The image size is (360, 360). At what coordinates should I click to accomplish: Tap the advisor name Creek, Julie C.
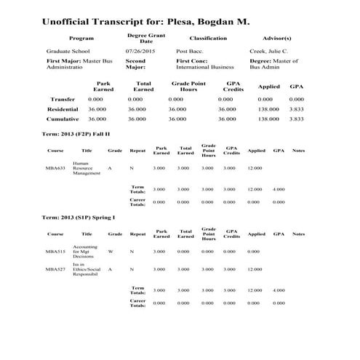[x=270, y=52]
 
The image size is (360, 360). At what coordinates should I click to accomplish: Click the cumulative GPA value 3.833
[x=296, y=119]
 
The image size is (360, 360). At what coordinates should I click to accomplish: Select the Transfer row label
[x=62, y=98]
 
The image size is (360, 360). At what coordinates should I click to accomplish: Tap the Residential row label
[x=63, y=108]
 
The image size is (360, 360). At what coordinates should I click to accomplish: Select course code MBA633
[x=55, y=168]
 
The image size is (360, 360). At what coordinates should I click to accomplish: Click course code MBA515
[x=55, y=252]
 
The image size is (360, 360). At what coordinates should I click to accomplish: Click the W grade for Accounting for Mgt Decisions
[x=110, y=252]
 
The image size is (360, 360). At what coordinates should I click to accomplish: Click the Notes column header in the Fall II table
[x=298, y=151]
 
